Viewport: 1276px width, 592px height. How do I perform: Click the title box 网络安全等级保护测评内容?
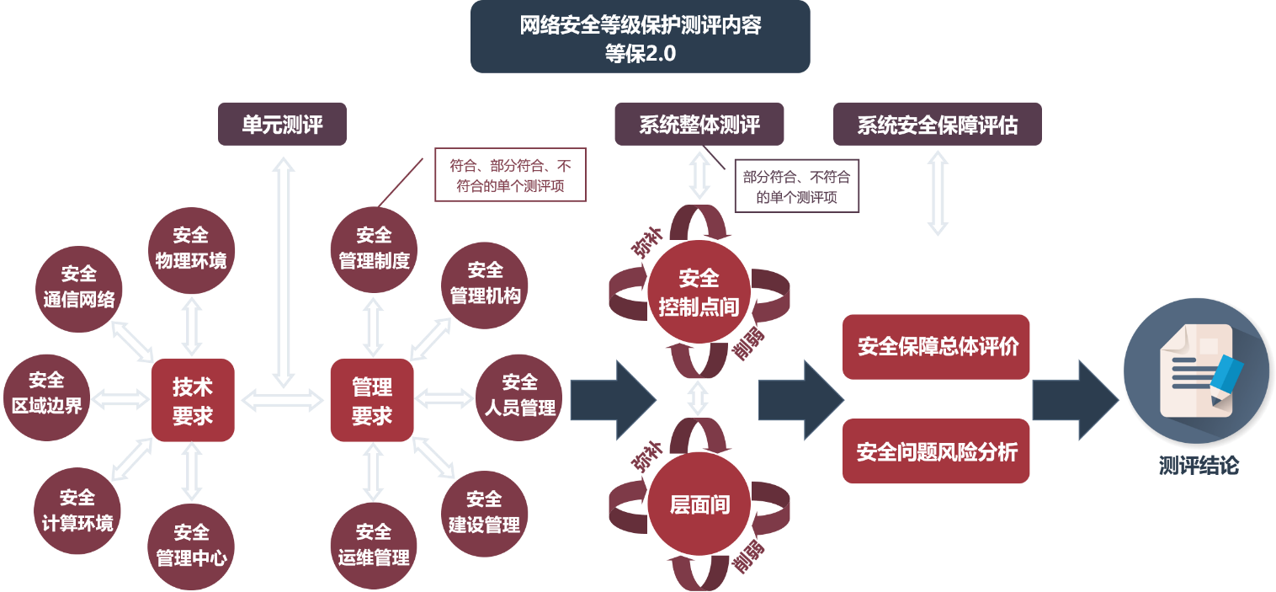(x=640, y=37)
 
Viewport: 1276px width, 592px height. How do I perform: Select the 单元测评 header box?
(x=282, y=125)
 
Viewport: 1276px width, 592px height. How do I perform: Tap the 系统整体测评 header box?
(x=699, y=125)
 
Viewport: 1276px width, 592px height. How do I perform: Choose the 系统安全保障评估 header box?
(x=937, y=125)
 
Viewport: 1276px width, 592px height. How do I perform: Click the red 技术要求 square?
(x=193, y=400)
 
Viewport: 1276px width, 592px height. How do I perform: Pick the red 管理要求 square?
(x=372, y=400)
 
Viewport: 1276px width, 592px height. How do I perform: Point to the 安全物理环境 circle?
(x=191, y=249)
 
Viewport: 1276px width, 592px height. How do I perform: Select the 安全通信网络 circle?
(x=80, y=287)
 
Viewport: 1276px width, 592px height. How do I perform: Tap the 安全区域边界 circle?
(x=46, y=393)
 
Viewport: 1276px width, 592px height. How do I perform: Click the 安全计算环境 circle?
(x=77, y=511)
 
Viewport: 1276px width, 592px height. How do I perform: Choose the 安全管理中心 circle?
(x=191, y=545)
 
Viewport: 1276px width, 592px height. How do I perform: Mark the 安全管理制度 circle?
(x=374, y=249)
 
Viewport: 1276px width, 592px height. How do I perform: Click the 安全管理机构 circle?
(x=485, y=284)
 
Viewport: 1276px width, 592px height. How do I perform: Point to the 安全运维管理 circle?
(x=374, y=545)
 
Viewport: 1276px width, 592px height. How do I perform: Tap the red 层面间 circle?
(x=699, y=505)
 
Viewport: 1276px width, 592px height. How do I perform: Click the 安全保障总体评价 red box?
(x=936, y=347)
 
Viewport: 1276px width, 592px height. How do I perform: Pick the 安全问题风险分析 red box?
(x=936, y=452)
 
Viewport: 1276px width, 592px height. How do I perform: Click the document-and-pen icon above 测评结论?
(x=1197, y=371)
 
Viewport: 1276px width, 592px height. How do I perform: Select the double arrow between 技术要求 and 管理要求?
(x=282, y=400)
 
